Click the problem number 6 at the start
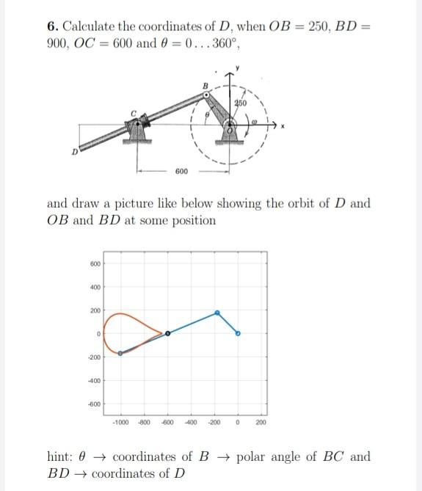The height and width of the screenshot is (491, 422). pos(51,26)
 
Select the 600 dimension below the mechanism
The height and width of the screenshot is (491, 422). pos(181,171)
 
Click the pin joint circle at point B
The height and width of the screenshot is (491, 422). pos(206,95)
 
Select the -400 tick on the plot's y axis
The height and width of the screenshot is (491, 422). pos(94,381)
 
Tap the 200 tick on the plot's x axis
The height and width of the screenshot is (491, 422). pos(261,423)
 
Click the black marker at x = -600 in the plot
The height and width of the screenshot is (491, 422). pos(167,333)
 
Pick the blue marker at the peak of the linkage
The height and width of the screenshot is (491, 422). pos(217,313)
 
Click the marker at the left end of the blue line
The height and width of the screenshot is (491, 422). pos(120,353)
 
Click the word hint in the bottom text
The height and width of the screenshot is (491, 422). pos(60,457)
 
